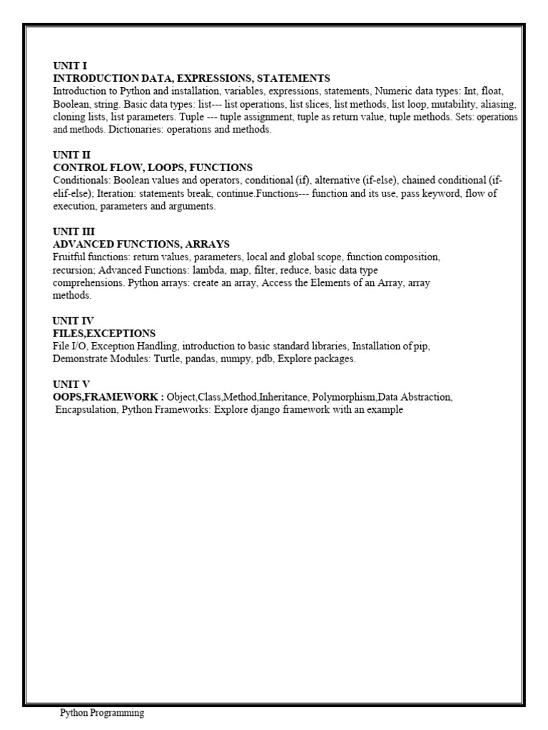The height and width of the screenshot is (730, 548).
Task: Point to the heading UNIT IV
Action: tap(73, 321)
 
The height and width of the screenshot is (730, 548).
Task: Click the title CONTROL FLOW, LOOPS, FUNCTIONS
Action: tap(153, 168)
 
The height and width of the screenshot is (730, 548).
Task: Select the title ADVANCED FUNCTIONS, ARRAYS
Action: tap(141, 245)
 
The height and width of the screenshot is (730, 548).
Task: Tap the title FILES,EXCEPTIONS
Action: tap(104, 333)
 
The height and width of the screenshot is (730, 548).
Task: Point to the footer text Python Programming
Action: tap(101, 713)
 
